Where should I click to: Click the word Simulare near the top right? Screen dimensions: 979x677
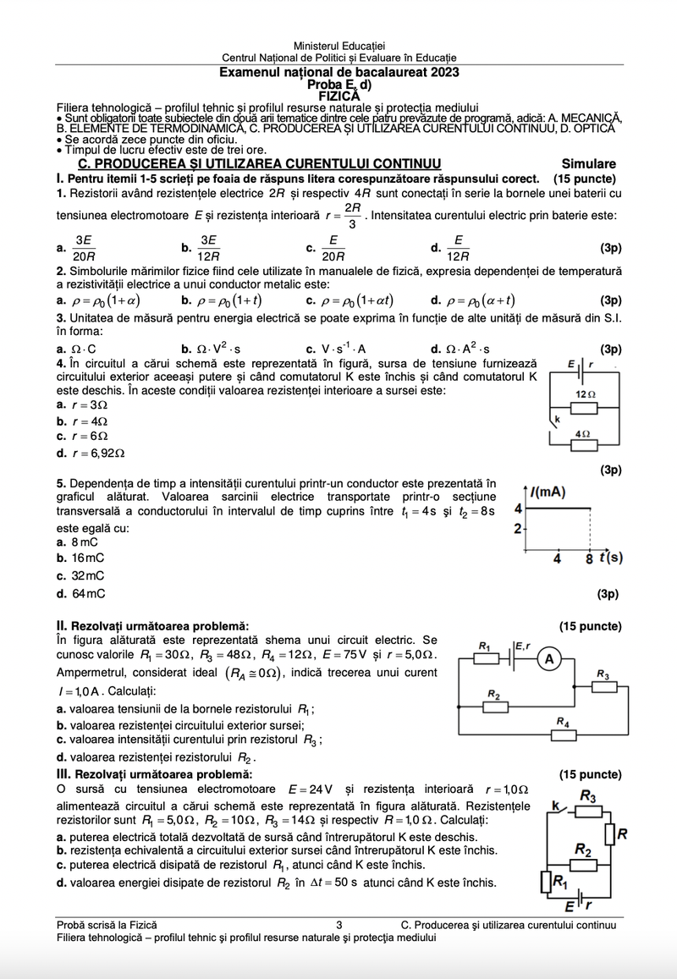[588, 163]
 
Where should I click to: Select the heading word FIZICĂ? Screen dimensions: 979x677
[338, 96]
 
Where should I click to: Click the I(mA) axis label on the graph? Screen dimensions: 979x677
[549, 491]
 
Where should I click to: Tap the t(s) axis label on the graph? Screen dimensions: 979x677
[605, 558]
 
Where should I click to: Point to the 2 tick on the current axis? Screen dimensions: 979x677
[518, 529]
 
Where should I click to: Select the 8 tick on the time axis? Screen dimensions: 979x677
[589, 558]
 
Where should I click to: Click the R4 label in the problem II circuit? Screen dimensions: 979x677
[564, 721]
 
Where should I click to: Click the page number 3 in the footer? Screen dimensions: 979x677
[338, 926]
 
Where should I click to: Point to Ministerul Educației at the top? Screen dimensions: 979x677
[338, 44]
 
